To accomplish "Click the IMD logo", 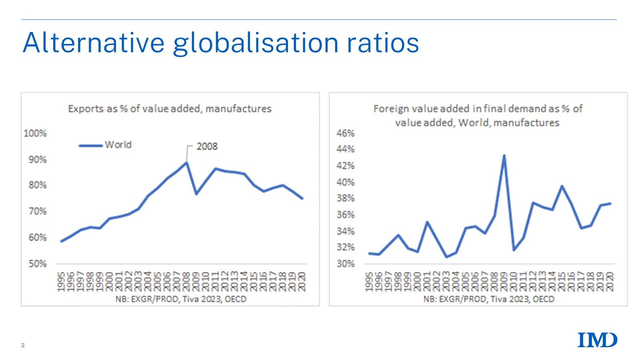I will [x=597, y=340].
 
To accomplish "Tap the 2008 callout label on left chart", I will [x=207, y=146].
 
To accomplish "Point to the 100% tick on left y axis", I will [x=35, y=133].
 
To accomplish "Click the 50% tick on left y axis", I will [x=37, y=264].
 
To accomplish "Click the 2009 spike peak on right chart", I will [x=504, y=156].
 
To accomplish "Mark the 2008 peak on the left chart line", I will [x=186, y=162].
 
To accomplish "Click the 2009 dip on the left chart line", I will [x=196, y=194].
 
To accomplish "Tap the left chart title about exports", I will [x=170, y=109].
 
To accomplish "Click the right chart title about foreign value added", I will [x=478, y=115].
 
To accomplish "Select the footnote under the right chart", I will [x=489, y=299].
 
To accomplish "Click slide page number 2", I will [x=23, y=345].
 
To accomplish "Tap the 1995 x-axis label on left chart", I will [x=61, y=282].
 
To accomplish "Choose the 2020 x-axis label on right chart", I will [x=610, y=282].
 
